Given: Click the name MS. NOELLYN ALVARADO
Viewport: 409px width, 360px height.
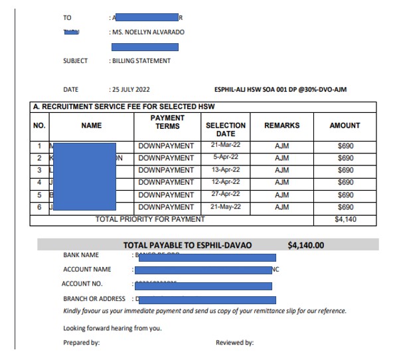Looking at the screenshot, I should (148, 32).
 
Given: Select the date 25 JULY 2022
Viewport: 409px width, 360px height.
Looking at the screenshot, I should (131, 90).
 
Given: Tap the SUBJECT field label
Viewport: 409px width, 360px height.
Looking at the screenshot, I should (75, 61).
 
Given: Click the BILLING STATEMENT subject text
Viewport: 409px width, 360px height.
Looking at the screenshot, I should (141, 61).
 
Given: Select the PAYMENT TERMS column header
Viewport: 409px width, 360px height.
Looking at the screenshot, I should (167, 122).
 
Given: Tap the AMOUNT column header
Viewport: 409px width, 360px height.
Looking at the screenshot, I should (345, 125).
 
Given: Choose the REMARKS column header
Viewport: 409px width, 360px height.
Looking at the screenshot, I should (282, 125).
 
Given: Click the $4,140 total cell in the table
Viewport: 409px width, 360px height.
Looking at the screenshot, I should (345, 219).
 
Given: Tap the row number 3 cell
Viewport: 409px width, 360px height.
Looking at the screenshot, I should (40, 170).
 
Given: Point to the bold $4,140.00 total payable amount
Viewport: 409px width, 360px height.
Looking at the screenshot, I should (306, 245).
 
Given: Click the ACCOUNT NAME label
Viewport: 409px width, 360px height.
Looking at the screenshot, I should (87, 270).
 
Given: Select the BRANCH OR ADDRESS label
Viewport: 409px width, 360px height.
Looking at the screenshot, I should (94, 299).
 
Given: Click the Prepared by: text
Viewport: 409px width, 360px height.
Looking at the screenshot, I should (82, 343).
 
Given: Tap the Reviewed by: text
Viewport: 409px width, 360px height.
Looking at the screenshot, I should (235, 343).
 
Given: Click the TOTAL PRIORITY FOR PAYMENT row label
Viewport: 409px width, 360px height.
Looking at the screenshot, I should (151, 219).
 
